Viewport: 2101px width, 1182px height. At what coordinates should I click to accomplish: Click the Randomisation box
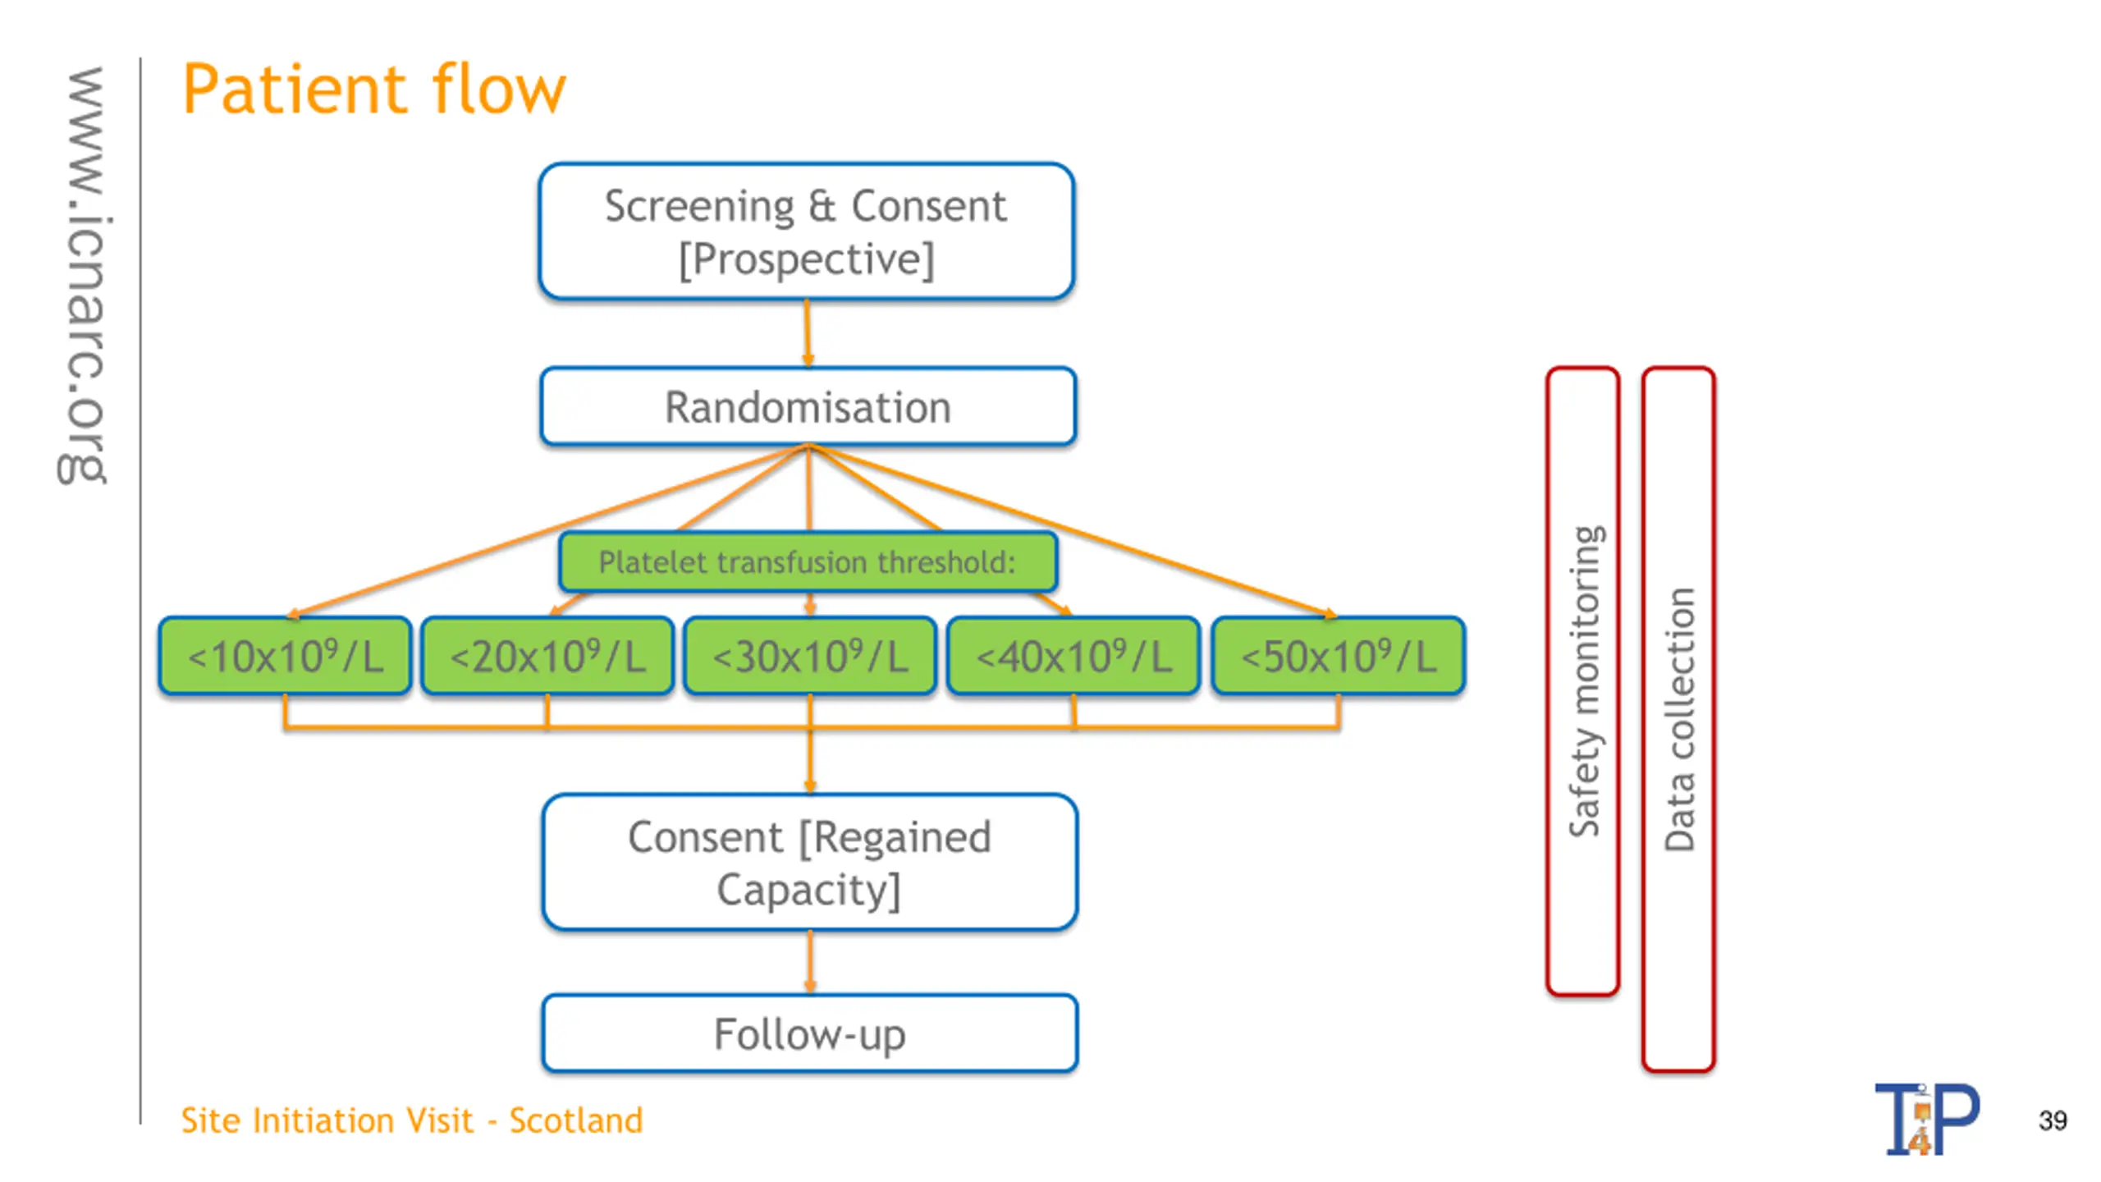point(808,407)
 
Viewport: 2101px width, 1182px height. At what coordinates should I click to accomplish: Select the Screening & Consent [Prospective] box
point(807,231)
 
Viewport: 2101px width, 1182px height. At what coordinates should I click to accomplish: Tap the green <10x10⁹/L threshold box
point(285,656)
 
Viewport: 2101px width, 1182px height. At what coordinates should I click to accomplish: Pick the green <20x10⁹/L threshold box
point(547,656)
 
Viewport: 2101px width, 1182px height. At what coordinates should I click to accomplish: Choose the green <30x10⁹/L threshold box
point(810,656)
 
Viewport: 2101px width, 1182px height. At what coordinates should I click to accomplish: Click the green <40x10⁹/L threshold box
point(1073,656)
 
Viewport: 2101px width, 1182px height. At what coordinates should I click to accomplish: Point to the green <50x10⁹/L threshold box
point(1339,656)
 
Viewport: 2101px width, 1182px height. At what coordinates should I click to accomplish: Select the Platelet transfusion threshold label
point(808,562)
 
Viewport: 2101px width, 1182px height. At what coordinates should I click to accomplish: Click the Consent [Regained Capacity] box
point(810,863)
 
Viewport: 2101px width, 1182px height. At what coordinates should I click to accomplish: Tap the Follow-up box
point(810,1033)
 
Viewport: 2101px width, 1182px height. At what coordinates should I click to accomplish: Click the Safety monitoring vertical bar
point(1583,681)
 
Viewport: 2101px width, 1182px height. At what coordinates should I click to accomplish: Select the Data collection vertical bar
point(1679,719)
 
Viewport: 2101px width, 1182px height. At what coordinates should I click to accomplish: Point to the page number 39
point(2053,1120)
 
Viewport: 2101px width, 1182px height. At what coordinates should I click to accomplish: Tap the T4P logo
point(1927,1119)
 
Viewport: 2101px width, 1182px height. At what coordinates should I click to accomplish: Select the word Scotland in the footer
point(576,1120)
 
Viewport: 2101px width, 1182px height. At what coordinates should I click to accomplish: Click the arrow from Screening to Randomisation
point(808,332)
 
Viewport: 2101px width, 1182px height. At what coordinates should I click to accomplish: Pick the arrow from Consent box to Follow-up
point(810,961)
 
